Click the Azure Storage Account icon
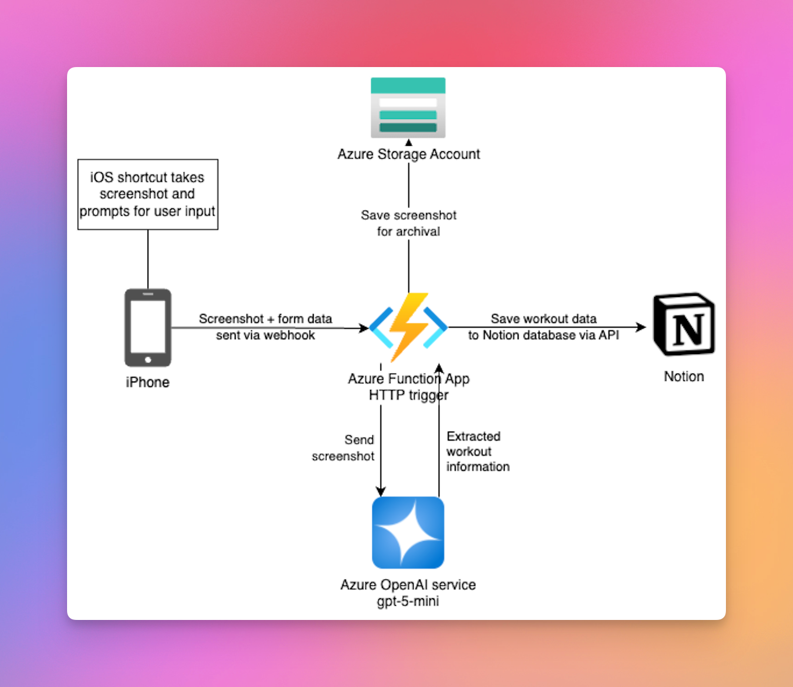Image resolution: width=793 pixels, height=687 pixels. click(x=408, y=108)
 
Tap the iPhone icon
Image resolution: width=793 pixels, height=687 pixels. click(x=148, y=328)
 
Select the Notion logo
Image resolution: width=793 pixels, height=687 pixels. click(x=684, y=324)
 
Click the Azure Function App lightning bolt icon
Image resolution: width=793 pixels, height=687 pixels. click(x=408, y=327)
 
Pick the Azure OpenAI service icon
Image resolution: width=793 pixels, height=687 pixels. click(x=408, y=532)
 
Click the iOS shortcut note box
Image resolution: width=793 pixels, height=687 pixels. click(x=148, y=194)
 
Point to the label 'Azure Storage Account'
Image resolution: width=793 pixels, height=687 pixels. click(x=408, y=154)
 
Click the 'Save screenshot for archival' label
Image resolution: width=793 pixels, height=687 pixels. click(x=408, y=224)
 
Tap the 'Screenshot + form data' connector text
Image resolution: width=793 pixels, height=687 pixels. click(x=265, y=319)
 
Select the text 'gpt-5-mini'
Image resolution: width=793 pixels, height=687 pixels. click(x=408, y=601)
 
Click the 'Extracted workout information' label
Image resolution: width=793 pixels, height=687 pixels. click(x=477, y=451)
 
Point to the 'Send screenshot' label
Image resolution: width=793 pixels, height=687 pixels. click(x=344, y=448)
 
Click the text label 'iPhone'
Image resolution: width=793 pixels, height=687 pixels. click(x=148, y=382)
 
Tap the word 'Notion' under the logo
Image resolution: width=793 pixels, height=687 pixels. click(x=684, y=376)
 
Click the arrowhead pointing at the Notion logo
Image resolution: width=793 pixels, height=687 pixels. click(x=642, y=327)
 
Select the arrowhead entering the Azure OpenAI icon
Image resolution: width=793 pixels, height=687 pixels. click(x=381, y=492)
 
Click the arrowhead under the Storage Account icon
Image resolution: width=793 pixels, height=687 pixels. click(x=408, y=142)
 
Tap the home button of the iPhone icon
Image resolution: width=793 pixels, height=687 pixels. click(x=148, y=359)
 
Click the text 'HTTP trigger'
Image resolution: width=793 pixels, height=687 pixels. click(x=408, y=395)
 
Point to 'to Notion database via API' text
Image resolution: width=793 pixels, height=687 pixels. click(x=543, y=335)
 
